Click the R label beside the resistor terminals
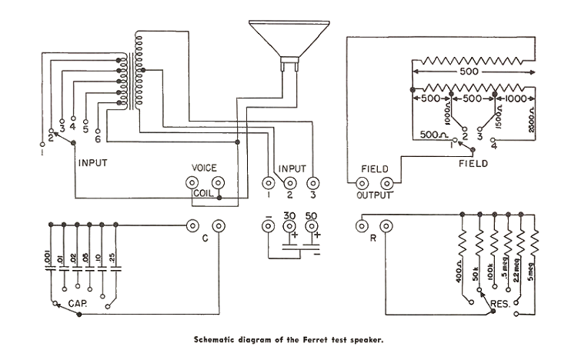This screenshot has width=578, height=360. point(373,238)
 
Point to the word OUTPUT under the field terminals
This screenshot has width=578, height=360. point(374,195)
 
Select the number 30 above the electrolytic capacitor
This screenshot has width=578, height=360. point(290,215)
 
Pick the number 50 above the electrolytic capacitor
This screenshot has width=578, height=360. point(311,215)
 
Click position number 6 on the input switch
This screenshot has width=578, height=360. point(98,138)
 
